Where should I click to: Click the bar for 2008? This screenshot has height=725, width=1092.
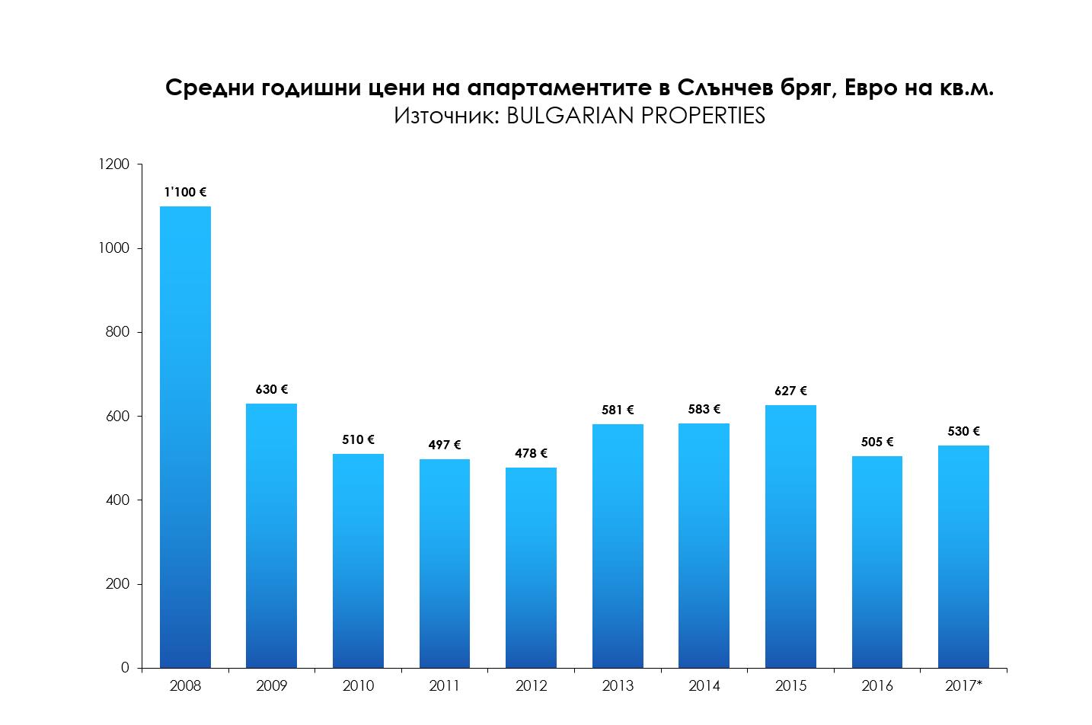pyautogui.click(x=185, y=437)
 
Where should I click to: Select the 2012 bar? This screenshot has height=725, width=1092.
pyautogui.click(x=531, y=567)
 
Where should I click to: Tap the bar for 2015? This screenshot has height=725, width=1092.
pyautogui.click(x=790, y=536)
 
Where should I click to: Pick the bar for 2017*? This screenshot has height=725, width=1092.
pyautogui.click(x=963, y=557)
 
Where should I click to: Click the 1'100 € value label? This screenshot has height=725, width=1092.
pyautogui.click(x=185, y=193)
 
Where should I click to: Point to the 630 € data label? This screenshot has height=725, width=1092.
pyautogui.click(x=272, y=389)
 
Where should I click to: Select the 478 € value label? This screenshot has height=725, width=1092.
pyautogui.click(x=531, y=453)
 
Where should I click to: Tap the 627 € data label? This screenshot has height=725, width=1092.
pyautogui.click(x=790, y=391)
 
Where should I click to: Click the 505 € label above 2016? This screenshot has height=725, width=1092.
pyautogui.click(x=877, y=442)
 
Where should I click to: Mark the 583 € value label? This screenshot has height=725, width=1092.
pyautogui.click(x=704, y=409)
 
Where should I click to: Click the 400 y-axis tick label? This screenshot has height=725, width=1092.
pyautogui.click(x=117, y=500)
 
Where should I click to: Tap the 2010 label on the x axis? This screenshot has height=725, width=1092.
pyautogui.click(x=358, y=685)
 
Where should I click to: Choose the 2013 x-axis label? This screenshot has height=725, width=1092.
pyautogui.click(x=618, y=685)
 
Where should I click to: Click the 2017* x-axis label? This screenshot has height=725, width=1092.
pyautogui.click(x=963, y=685)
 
